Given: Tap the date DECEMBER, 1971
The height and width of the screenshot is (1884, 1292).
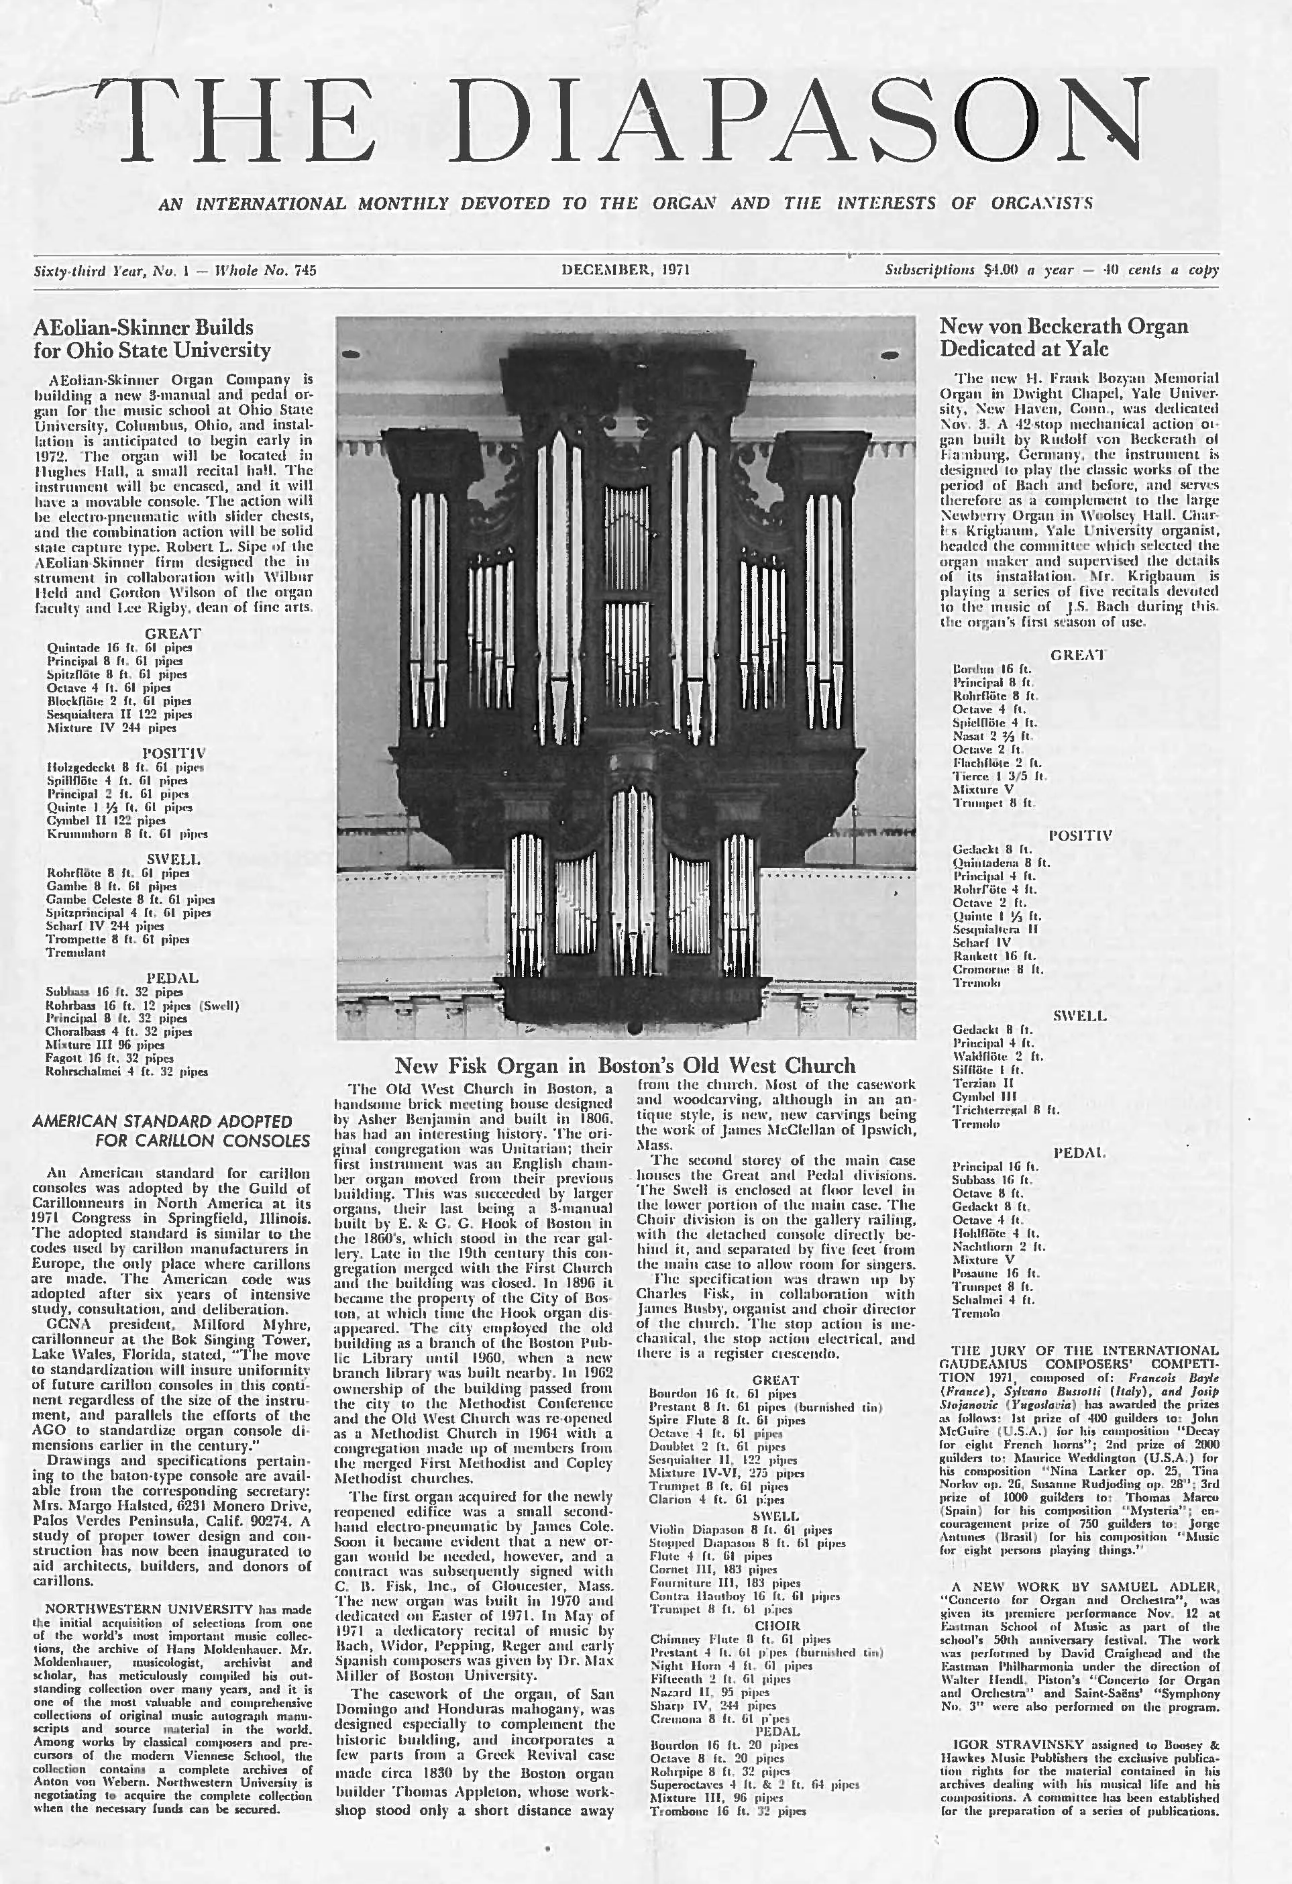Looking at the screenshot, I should click(625, 270).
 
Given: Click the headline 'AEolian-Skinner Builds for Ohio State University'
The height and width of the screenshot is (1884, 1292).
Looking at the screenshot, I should click(152, 339).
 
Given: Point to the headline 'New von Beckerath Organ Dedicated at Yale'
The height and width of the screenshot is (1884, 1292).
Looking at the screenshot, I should click(1063, 337).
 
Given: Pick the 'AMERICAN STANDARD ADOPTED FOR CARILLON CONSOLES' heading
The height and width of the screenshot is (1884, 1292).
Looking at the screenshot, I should click(171, 1131).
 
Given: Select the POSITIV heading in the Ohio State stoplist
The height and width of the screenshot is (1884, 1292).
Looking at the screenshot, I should click(174, 753).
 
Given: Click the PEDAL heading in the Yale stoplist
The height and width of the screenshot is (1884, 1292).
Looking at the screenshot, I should click(1079, 1153).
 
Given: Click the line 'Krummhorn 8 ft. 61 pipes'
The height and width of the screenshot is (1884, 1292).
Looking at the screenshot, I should click(127, 833).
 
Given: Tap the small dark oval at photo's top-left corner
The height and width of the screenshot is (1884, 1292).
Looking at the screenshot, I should click(350, 354).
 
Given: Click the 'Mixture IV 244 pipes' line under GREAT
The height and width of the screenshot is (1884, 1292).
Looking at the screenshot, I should click(112, 728).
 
